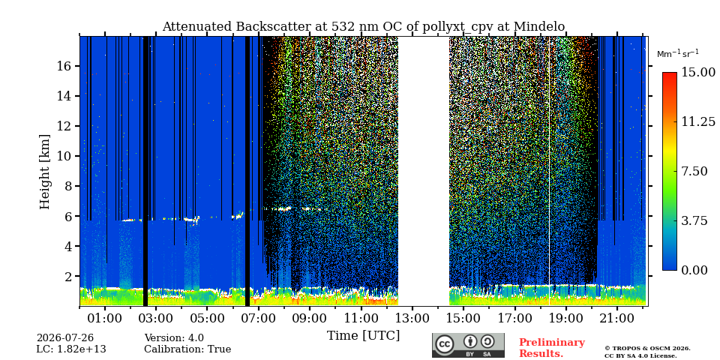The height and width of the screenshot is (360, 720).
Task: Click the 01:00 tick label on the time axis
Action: click(x=105, y=318)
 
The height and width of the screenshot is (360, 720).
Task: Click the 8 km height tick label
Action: click(x=68, y=186)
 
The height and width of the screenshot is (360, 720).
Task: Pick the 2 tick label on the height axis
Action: click(x=68, y=276)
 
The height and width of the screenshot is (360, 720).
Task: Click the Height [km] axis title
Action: click(x=44, y=172)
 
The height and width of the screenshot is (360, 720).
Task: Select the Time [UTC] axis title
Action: click(x=363, y=335)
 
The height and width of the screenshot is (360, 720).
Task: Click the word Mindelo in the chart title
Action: click(x=539, y=27)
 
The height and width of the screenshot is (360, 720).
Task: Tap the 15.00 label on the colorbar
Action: click(x=698, y=72)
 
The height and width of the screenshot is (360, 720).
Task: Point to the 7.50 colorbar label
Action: click(x=694, y=171)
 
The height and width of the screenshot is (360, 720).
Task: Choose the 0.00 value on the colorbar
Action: click(x=694, y=271)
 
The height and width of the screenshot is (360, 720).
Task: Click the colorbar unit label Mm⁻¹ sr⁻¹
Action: click(x=678, y=54)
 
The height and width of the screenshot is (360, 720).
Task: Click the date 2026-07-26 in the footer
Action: click(x=65, y=338)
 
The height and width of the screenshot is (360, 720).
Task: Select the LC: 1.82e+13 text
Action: click(x=71, y=349)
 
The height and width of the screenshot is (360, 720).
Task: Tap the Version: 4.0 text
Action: click(x=174, y=338)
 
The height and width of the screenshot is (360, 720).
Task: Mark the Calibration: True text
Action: click(x=187, y=349)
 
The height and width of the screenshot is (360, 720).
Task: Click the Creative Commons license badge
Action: click(x=468, y=345)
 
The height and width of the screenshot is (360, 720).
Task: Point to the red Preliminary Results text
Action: click(x=552, y=347)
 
